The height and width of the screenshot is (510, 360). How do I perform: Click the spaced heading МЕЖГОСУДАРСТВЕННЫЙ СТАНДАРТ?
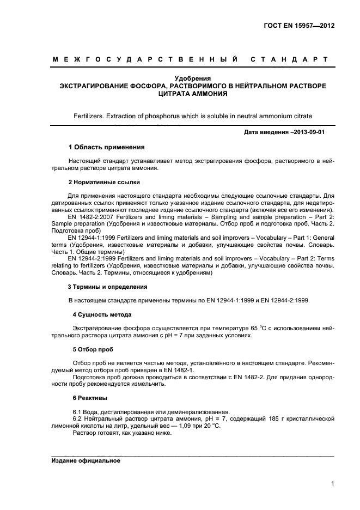click(x=190, y=59)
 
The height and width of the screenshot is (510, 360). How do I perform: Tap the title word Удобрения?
click(x=192, y=78)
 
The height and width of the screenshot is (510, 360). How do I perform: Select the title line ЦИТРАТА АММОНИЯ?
click(x=192, y=94)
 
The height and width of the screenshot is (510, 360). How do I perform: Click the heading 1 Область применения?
click(x=106, y=147)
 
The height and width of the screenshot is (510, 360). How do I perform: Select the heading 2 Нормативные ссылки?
click(x=104, y=182)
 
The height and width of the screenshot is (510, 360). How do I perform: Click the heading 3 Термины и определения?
click(x=107, y=287)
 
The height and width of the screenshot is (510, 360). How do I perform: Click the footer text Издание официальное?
click(x=86, y=460)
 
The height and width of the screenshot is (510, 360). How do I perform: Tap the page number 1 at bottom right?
click(x=332, y=483)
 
